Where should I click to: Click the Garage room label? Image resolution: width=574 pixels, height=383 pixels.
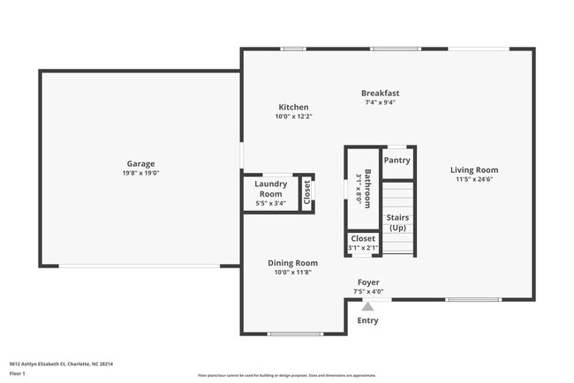point(140,163)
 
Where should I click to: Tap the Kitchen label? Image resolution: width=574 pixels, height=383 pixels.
point(293,107)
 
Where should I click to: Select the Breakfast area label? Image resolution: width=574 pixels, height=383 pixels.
point(381,93)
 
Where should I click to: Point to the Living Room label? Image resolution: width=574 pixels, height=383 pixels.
point(474,170)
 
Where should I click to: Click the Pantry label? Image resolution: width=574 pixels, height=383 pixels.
point(397,161)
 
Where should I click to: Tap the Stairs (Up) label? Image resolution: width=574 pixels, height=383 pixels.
point(397,222)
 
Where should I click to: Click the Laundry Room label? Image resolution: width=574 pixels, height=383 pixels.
point(270,188)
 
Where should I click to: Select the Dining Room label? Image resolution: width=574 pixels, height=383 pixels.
point(293,263)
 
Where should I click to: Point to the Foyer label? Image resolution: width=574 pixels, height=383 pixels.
point(368,282)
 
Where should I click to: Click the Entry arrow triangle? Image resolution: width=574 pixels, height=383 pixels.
point(368,306)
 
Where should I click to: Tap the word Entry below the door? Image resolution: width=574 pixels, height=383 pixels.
point(367,320)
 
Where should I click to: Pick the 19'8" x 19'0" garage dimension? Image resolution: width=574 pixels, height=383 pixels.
point(140,173)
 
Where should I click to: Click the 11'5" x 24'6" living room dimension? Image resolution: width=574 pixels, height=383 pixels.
point(474,180)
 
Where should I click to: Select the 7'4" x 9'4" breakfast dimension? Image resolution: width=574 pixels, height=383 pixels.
point(381,102)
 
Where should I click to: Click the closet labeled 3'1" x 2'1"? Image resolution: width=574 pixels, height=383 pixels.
point(363,244)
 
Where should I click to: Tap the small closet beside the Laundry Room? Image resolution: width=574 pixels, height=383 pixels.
point(307,192)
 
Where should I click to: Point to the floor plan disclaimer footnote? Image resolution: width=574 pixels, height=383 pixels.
point(287,375)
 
